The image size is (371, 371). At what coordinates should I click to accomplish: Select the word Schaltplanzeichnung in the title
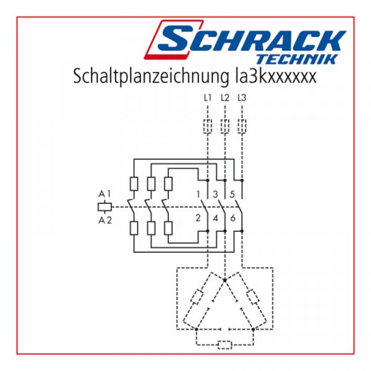point(147,78)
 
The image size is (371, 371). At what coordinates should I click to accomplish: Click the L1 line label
point(207,98)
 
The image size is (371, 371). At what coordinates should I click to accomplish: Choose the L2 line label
point(224,98)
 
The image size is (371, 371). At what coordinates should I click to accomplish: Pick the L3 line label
point(242,98)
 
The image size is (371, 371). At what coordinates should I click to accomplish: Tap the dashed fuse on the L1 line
point(207,127)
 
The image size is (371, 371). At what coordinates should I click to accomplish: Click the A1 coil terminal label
point(104,194)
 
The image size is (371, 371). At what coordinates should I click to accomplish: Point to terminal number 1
point(198,195)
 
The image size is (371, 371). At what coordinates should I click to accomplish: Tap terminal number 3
point(215,195)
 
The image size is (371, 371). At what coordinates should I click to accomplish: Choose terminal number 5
point(232,195)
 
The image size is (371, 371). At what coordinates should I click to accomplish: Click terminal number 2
point(198,218)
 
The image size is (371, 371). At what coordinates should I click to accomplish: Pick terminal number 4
point(215,218)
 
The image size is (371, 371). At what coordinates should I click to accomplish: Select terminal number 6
point(232,218)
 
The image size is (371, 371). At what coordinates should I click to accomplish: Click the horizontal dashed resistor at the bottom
point(225,344)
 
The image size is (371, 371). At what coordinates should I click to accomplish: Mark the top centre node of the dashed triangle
point(224,279)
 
